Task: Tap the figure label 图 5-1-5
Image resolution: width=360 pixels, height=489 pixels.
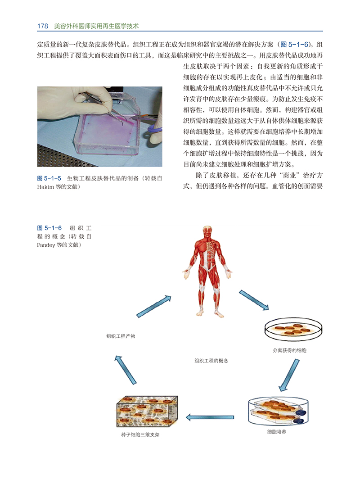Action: (x=49, y=178)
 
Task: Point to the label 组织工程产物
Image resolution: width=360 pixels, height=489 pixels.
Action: (x=121, y=336)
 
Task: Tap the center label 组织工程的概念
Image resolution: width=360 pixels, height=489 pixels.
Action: (x=211, y=361)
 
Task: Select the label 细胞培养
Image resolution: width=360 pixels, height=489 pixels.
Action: (x=277, y=432)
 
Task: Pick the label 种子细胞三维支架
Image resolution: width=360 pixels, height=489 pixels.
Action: (x=140, y=435)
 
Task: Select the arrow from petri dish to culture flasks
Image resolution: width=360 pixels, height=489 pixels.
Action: (x=289, y=374)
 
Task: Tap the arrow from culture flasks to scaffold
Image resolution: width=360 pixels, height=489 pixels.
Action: (x=210, y=417)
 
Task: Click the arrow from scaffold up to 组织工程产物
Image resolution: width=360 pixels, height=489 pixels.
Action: (x=125, y=369)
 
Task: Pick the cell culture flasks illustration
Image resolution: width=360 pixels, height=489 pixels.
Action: (x=277, y=411)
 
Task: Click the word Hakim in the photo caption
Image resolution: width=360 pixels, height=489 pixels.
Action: (x=45, y=186)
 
